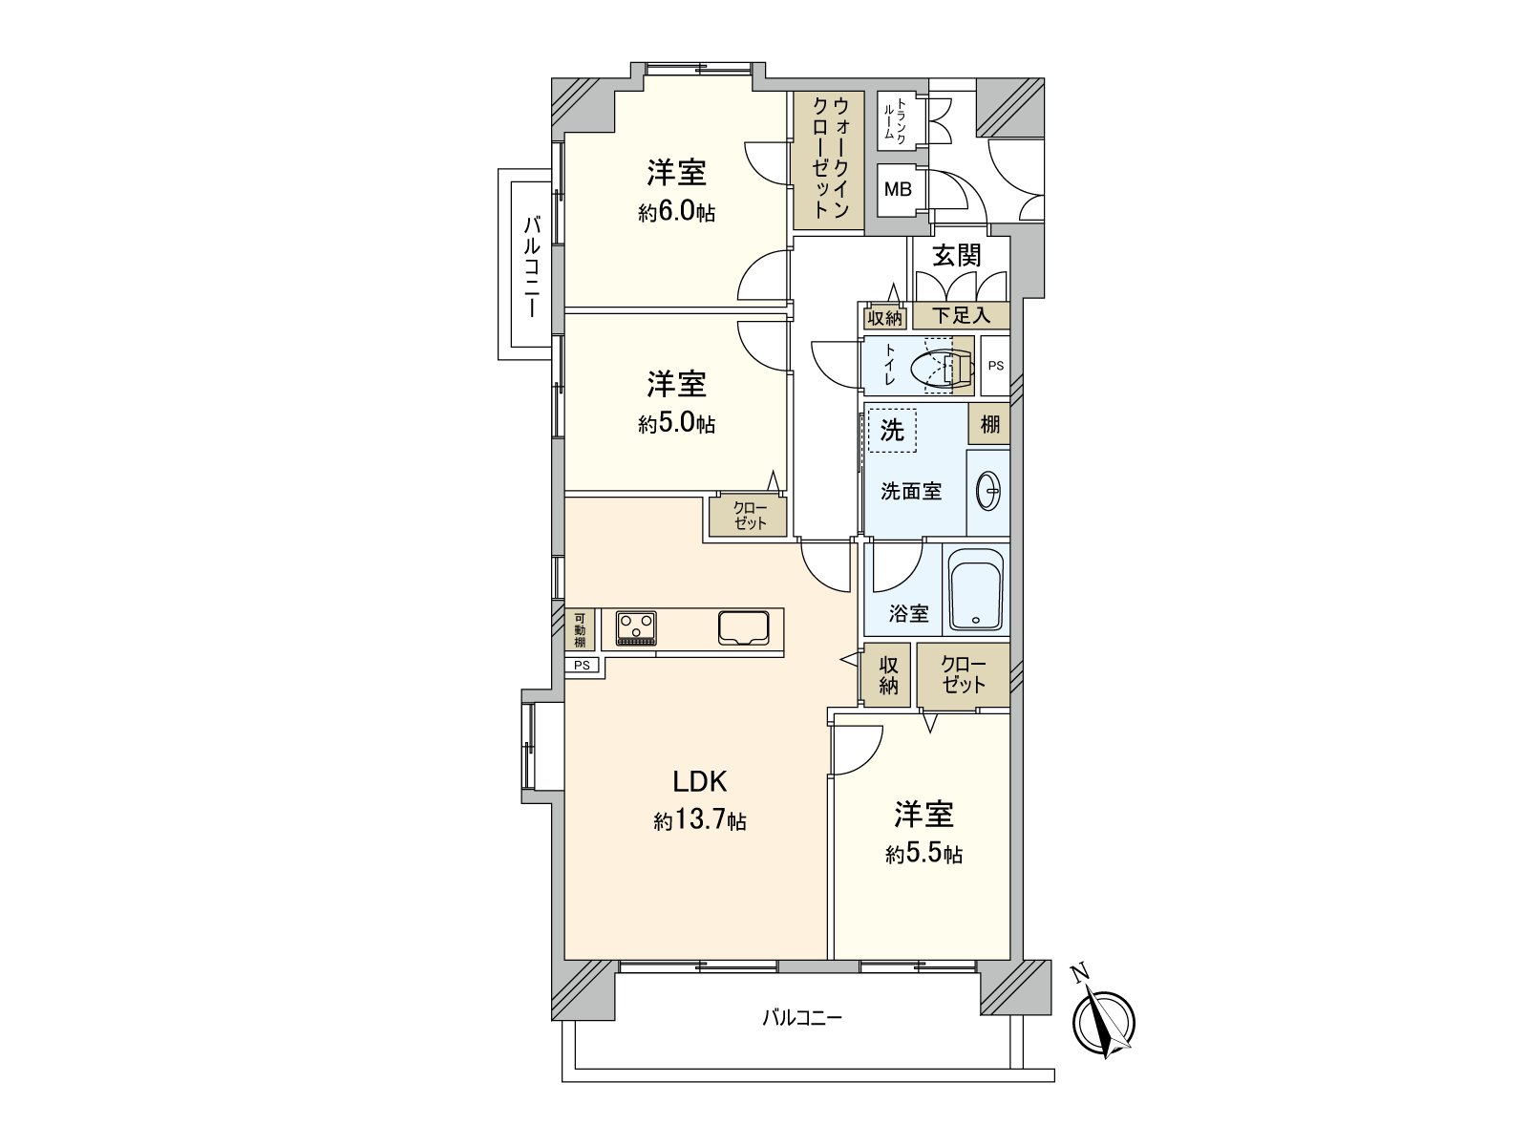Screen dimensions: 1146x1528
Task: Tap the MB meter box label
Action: pyautogui.click(x=898, y=189)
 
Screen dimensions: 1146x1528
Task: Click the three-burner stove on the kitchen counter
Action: pyautogui.click(x=636, y=627)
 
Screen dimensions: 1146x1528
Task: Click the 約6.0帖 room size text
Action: pyautogui.click(x=676, y=212)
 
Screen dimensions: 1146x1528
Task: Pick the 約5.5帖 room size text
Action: pyautogui.click(x=923, y=855)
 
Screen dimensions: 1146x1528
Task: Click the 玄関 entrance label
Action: pyautogui.click(x=957, y=255)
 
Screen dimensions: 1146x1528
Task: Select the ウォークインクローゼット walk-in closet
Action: pyautogui.click(x=828, y=159)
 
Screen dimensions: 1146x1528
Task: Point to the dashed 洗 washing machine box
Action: pyautogui.click(x=892, y=430)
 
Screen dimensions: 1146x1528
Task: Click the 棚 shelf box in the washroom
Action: pyautogui.click(x=989, y=424)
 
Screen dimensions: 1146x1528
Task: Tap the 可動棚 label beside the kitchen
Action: pyautogui.click(x=580, y=629)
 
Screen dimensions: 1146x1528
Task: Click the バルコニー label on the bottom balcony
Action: pyautogui.click(x=801, y=1018)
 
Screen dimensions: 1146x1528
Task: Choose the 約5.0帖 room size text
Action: pyautogui.click(x=676, y=423)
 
